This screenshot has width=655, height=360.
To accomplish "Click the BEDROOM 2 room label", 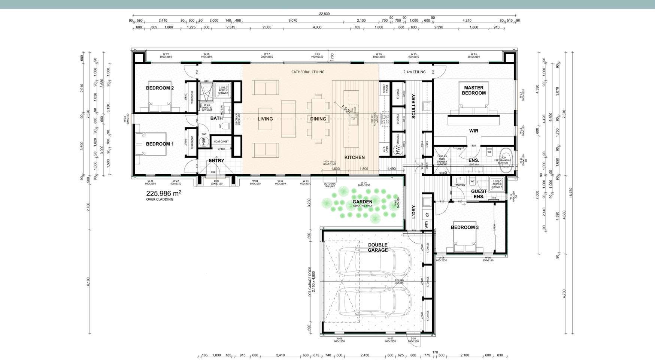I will coord(160,88).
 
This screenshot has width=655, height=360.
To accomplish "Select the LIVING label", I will coord(265,119).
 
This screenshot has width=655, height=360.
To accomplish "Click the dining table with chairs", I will coord(318,119).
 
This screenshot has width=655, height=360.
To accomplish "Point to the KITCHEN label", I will coord(354,157).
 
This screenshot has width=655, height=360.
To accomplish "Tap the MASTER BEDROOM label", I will coord(474,90).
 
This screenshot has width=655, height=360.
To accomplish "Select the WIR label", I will coord(474,131).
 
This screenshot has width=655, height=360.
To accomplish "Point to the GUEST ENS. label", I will coord(479,194).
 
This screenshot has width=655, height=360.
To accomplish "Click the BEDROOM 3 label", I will coord(464,227).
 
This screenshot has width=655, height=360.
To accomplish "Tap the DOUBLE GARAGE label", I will coord(377,247).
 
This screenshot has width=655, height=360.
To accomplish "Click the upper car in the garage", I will coord(374,262).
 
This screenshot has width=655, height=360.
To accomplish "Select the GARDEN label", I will coord(362,202).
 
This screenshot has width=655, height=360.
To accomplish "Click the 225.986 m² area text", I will coord(164,193).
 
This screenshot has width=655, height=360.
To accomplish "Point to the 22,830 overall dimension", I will coord(324,14).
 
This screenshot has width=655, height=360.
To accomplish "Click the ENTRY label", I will coord(216,161).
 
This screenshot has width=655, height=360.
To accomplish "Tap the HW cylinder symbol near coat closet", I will coord(204,142).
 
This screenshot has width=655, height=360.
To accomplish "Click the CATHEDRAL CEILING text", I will coord(308,72).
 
